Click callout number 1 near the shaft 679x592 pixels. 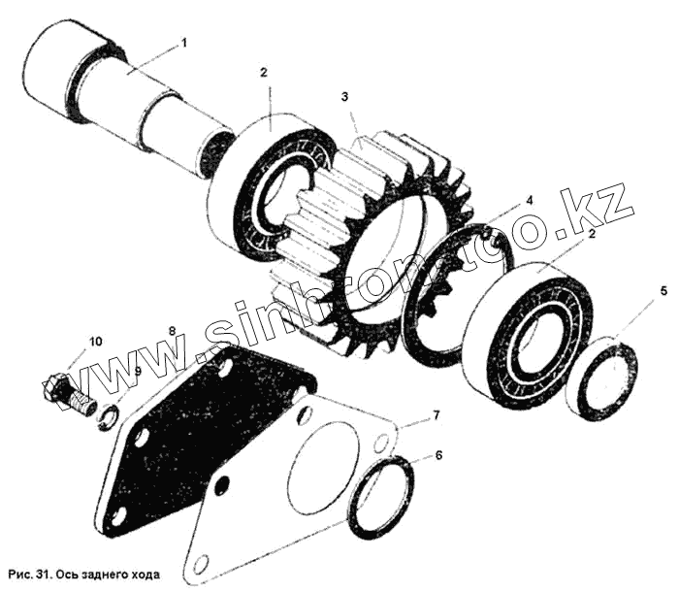pyautogui.click(x=184, y=43)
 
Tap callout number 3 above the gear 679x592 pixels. pyautogui.click(x=344, y=97)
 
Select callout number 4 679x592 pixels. pyautogui.click(x=530, y=201)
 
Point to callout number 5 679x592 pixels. pyautogui.click(x=663, y=290)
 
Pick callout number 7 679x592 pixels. pyautogui.click(x=436, y=415)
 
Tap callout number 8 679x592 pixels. pyautogui.click(x=171, y=331)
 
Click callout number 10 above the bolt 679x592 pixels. pyautogui.click(x=95, y=341)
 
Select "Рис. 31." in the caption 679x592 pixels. pyautogui.click(x=28, y=573)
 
